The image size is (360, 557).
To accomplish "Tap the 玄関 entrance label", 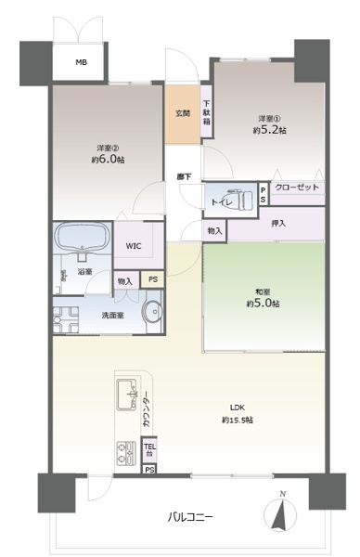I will pos(183,113).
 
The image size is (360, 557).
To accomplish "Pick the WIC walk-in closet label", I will pos(133,247).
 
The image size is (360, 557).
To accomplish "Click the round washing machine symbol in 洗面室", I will pos(150,313).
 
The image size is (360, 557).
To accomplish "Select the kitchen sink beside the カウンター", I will pos(127,396).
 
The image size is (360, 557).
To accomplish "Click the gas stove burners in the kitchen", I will pos(125,453).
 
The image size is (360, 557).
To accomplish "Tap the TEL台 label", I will pos(149,448).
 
